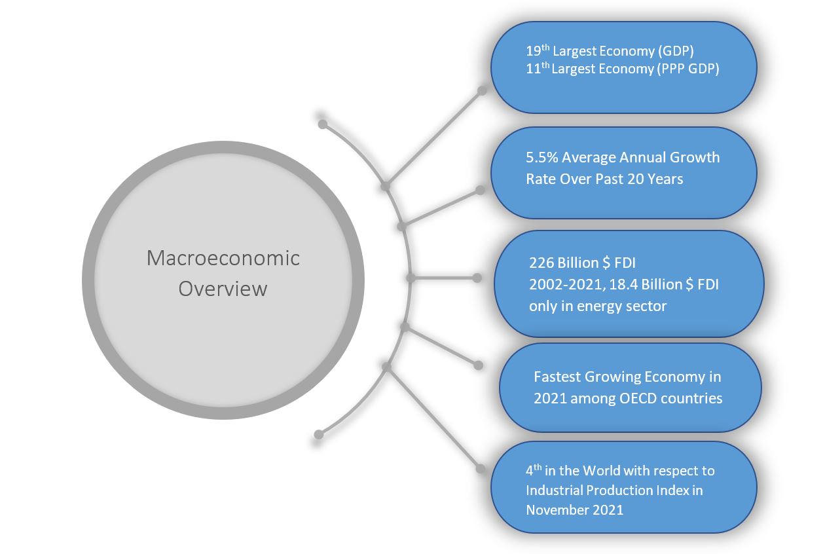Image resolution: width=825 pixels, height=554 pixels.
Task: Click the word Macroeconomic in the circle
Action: [223, 258]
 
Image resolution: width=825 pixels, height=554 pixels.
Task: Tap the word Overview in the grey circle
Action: [223, 288]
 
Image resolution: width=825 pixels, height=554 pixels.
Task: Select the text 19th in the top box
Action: [538, 50]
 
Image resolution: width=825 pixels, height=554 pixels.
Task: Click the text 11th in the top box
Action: [538, 68]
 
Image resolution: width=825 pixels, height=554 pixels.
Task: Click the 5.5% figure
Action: [542, 157]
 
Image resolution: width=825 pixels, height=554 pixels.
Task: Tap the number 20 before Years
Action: [635, 179]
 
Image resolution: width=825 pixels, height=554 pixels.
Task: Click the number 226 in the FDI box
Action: [541, 263]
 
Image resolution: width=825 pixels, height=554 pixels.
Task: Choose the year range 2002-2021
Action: [567, 284]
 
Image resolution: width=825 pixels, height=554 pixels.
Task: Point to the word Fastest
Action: [558, 377]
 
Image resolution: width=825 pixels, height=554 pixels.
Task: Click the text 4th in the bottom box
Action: [534, 470]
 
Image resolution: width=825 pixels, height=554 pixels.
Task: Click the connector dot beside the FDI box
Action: [477, 278]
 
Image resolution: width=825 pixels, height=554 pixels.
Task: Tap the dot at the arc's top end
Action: [323, 124]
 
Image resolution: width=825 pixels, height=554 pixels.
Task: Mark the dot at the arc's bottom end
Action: [319, 435]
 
